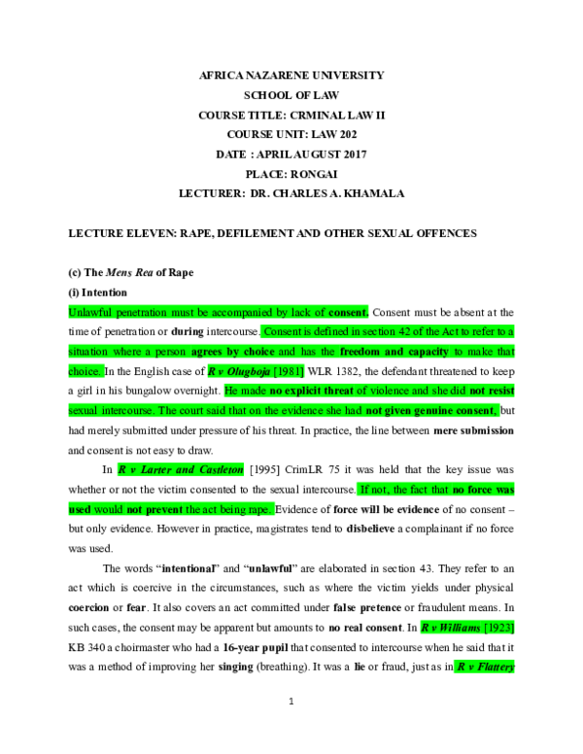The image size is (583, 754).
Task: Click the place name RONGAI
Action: (x=314, y=174)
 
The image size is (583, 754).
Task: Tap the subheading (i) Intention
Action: (x=97, y=292)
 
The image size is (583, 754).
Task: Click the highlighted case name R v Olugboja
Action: (x=239, y=371)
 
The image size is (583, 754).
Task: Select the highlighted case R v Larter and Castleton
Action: (x=181, y=469)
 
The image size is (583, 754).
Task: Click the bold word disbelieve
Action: (x=370, y=529)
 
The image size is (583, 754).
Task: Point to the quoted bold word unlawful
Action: (x=270, y=568)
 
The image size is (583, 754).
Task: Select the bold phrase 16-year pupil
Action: (x=256, y=647)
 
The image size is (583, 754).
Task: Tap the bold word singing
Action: (x=236, y=667)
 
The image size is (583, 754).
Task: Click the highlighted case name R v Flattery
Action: (x=486, y=667)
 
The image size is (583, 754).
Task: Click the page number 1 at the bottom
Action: (x=291, y=702)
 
